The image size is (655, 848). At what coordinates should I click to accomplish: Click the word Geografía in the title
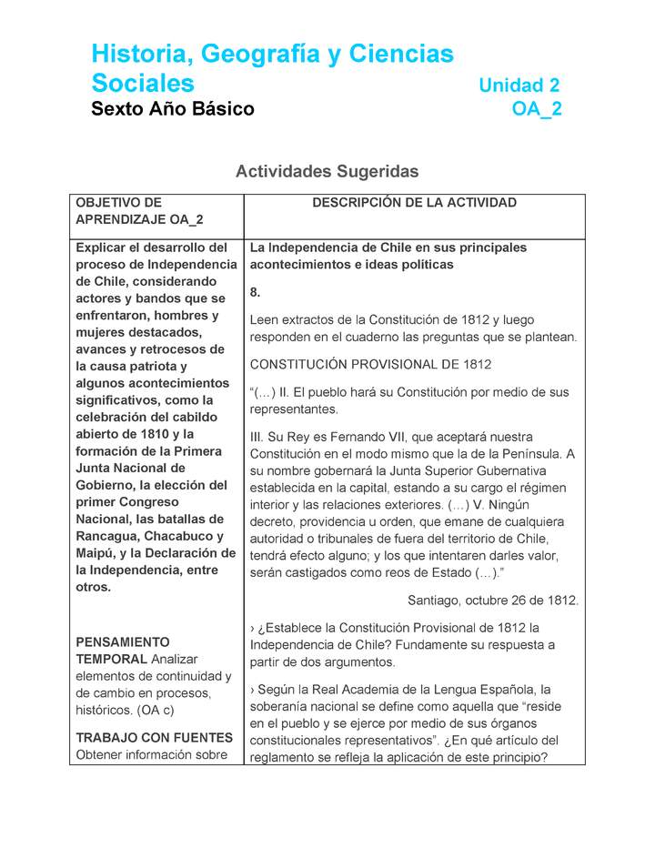(x=257, y=55)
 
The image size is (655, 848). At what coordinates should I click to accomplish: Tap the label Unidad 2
(x=519, y=86)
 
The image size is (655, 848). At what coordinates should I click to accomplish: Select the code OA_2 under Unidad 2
(x=537, y=109)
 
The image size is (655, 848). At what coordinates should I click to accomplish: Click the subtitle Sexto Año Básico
(x=173, y=109)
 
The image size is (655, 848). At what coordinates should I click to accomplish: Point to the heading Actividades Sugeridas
(x=327, y=171)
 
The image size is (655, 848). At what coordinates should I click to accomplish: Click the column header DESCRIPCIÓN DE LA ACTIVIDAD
(x=414, y=203)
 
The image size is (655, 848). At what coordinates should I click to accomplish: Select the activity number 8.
(x=256, y=292)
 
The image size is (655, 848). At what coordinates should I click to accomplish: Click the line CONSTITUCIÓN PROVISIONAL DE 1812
(x=370, y=364)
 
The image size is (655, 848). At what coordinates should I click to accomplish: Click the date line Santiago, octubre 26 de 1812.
(x=493, y=601)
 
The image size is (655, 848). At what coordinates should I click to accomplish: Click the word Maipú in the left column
(x=95, y=553)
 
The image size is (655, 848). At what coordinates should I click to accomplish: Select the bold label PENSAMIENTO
(x=122, y=642)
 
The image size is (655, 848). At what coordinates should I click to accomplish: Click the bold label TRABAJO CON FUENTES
(x=154, y=737)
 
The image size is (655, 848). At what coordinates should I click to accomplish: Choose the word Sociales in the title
(x=143, y=84)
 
